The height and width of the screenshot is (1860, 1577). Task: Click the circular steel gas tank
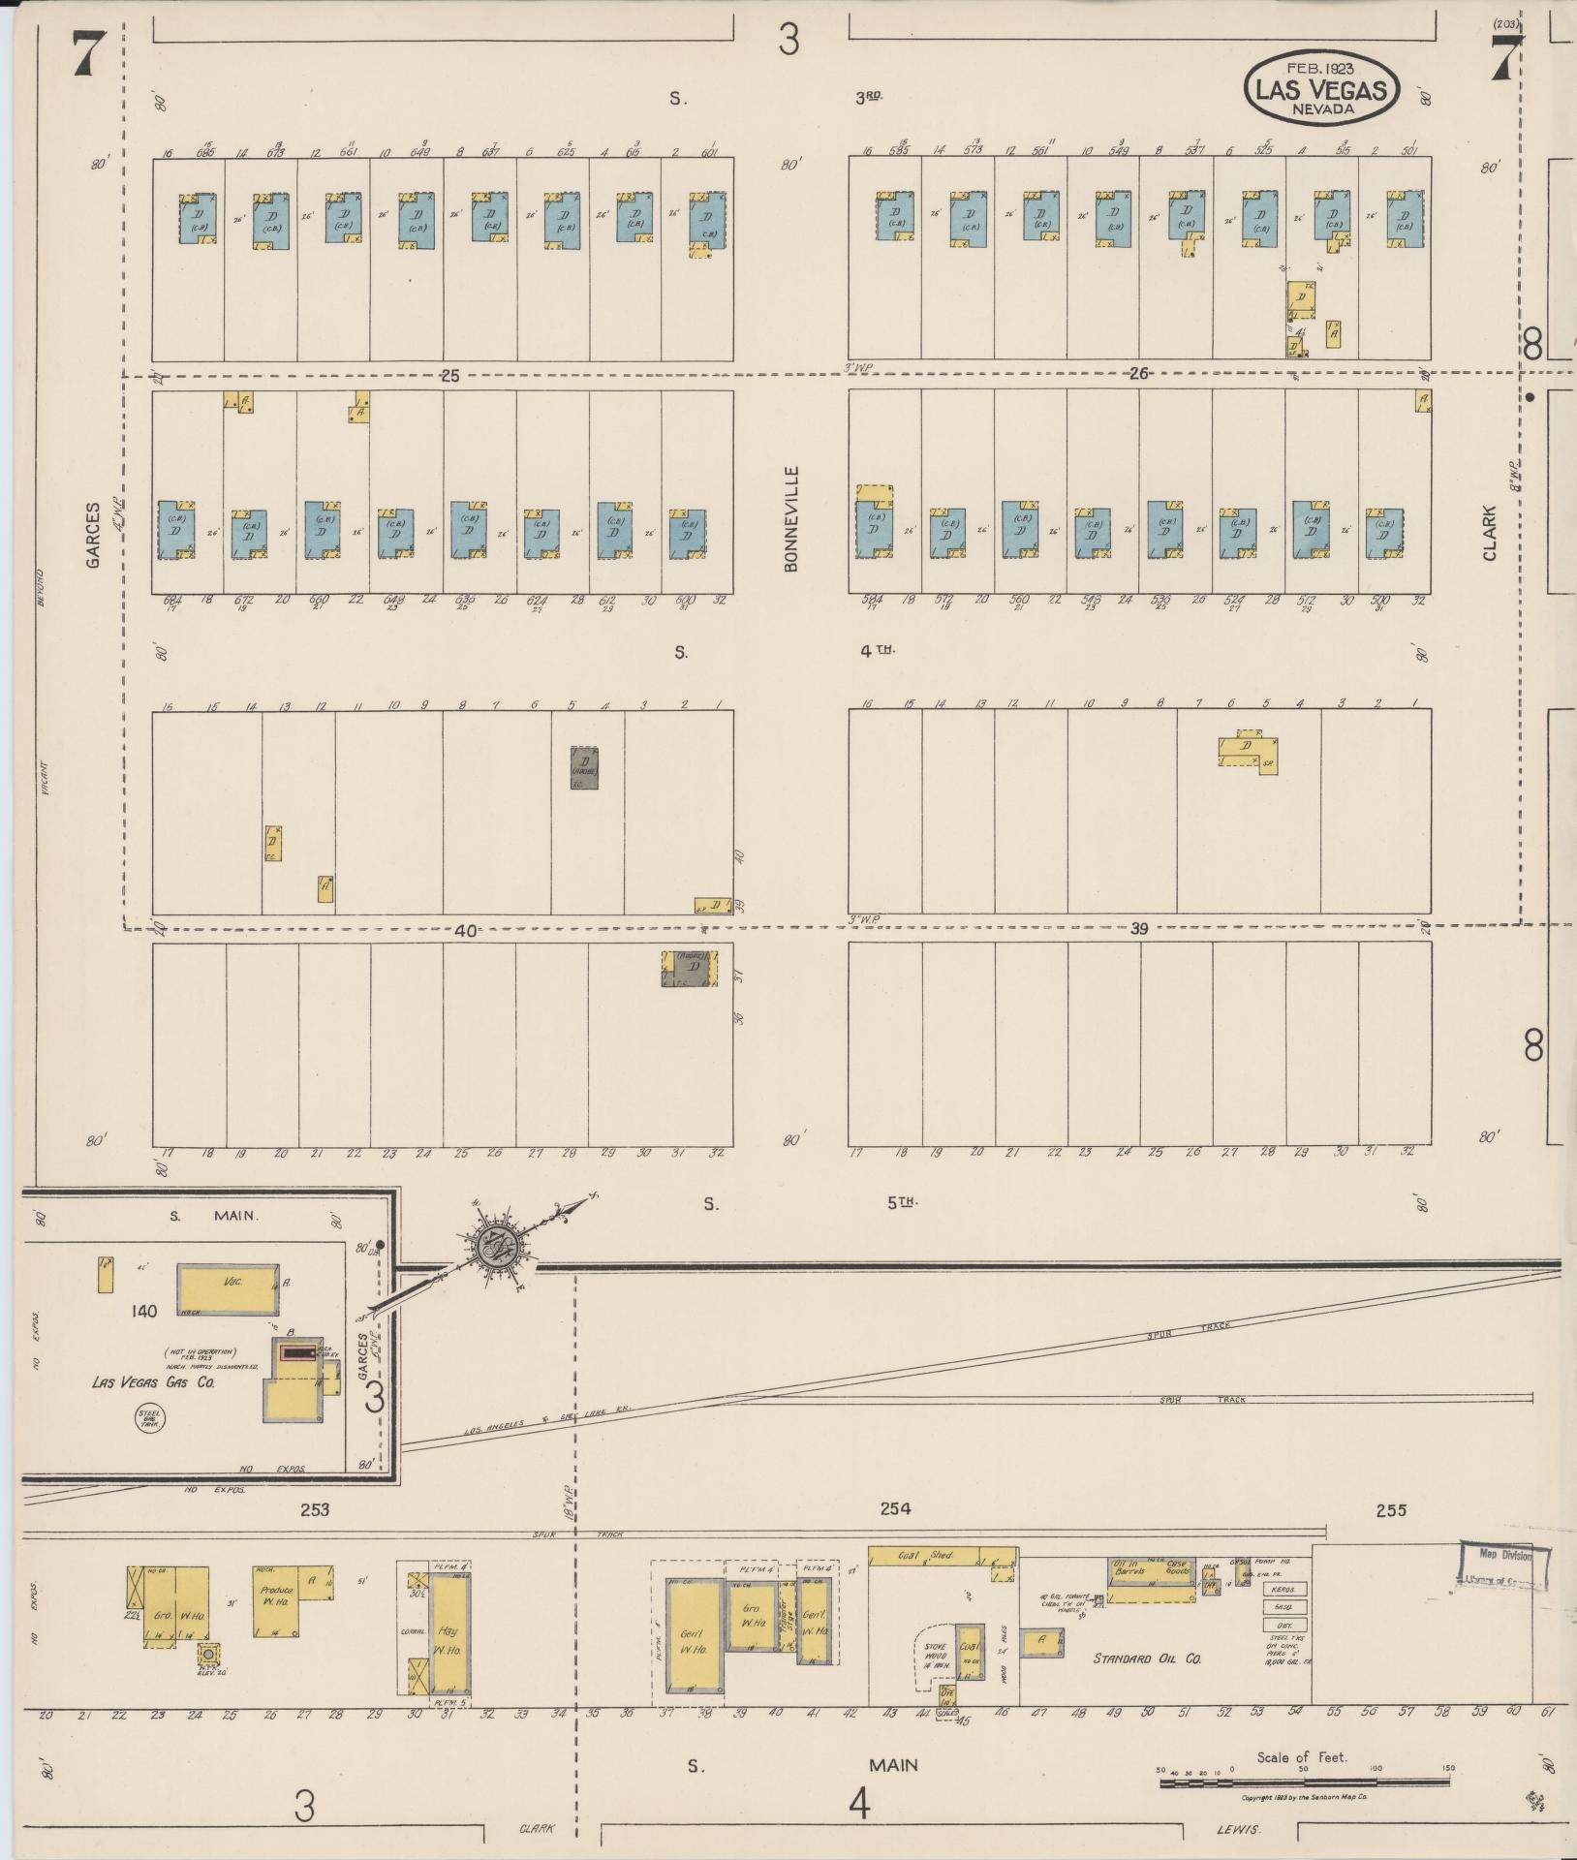tap(150, 1420)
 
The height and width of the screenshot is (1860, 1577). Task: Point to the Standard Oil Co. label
tap(1147, 1658)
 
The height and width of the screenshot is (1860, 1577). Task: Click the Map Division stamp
tap(1503, 1567)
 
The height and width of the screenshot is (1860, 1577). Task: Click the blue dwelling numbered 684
tap(175, 530)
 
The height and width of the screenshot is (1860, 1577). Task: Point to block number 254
tap(894, 1508)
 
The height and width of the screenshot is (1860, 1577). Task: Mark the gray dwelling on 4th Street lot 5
tap(584, 766)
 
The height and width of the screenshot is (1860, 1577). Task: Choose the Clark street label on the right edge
tap(1489, 532)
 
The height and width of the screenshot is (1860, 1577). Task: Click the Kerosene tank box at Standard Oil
tap(1285, 1589)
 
